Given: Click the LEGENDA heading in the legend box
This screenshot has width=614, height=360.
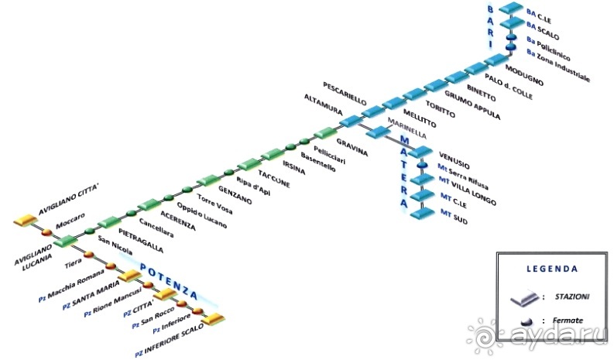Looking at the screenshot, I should coord(551,269).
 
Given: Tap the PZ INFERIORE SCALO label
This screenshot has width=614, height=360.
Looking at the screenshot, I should coord(168,339).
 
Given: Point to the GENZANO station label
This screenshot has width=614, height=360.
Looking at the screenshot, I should coord(235,194).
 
